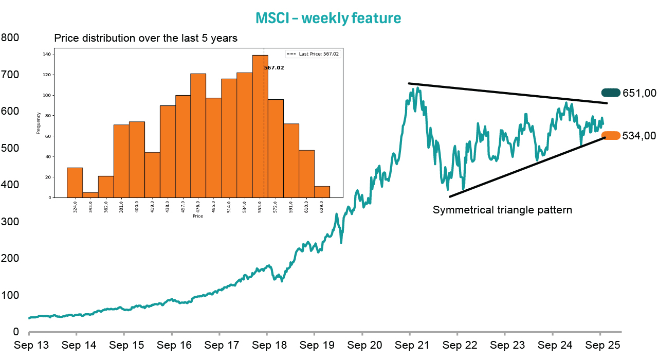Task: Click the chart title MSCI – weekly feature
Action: point(328,18)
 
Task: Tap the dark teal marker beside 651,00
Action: point(611,93)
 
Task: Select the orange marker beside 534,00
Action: point(611,136)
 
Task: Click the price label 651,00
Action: point(639,93)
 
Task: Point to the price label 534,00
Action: point(639,136)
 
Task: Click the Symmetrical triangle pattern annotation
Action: point(502,210)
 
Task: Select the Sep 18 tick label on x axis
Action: point(267,345)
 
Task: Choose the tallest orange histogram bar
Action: point(260,126)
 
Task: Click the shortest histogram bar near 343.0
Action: point(90,195)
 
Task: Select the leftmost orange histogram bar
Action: point(75,183)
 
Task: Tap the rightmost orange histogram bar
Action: point(322,192)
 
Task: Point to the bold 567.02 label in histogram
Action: point(274,67)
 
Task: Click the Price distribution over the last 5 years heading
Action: point(145,38)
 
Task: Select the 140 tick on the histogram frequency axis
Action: point(47,54)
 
